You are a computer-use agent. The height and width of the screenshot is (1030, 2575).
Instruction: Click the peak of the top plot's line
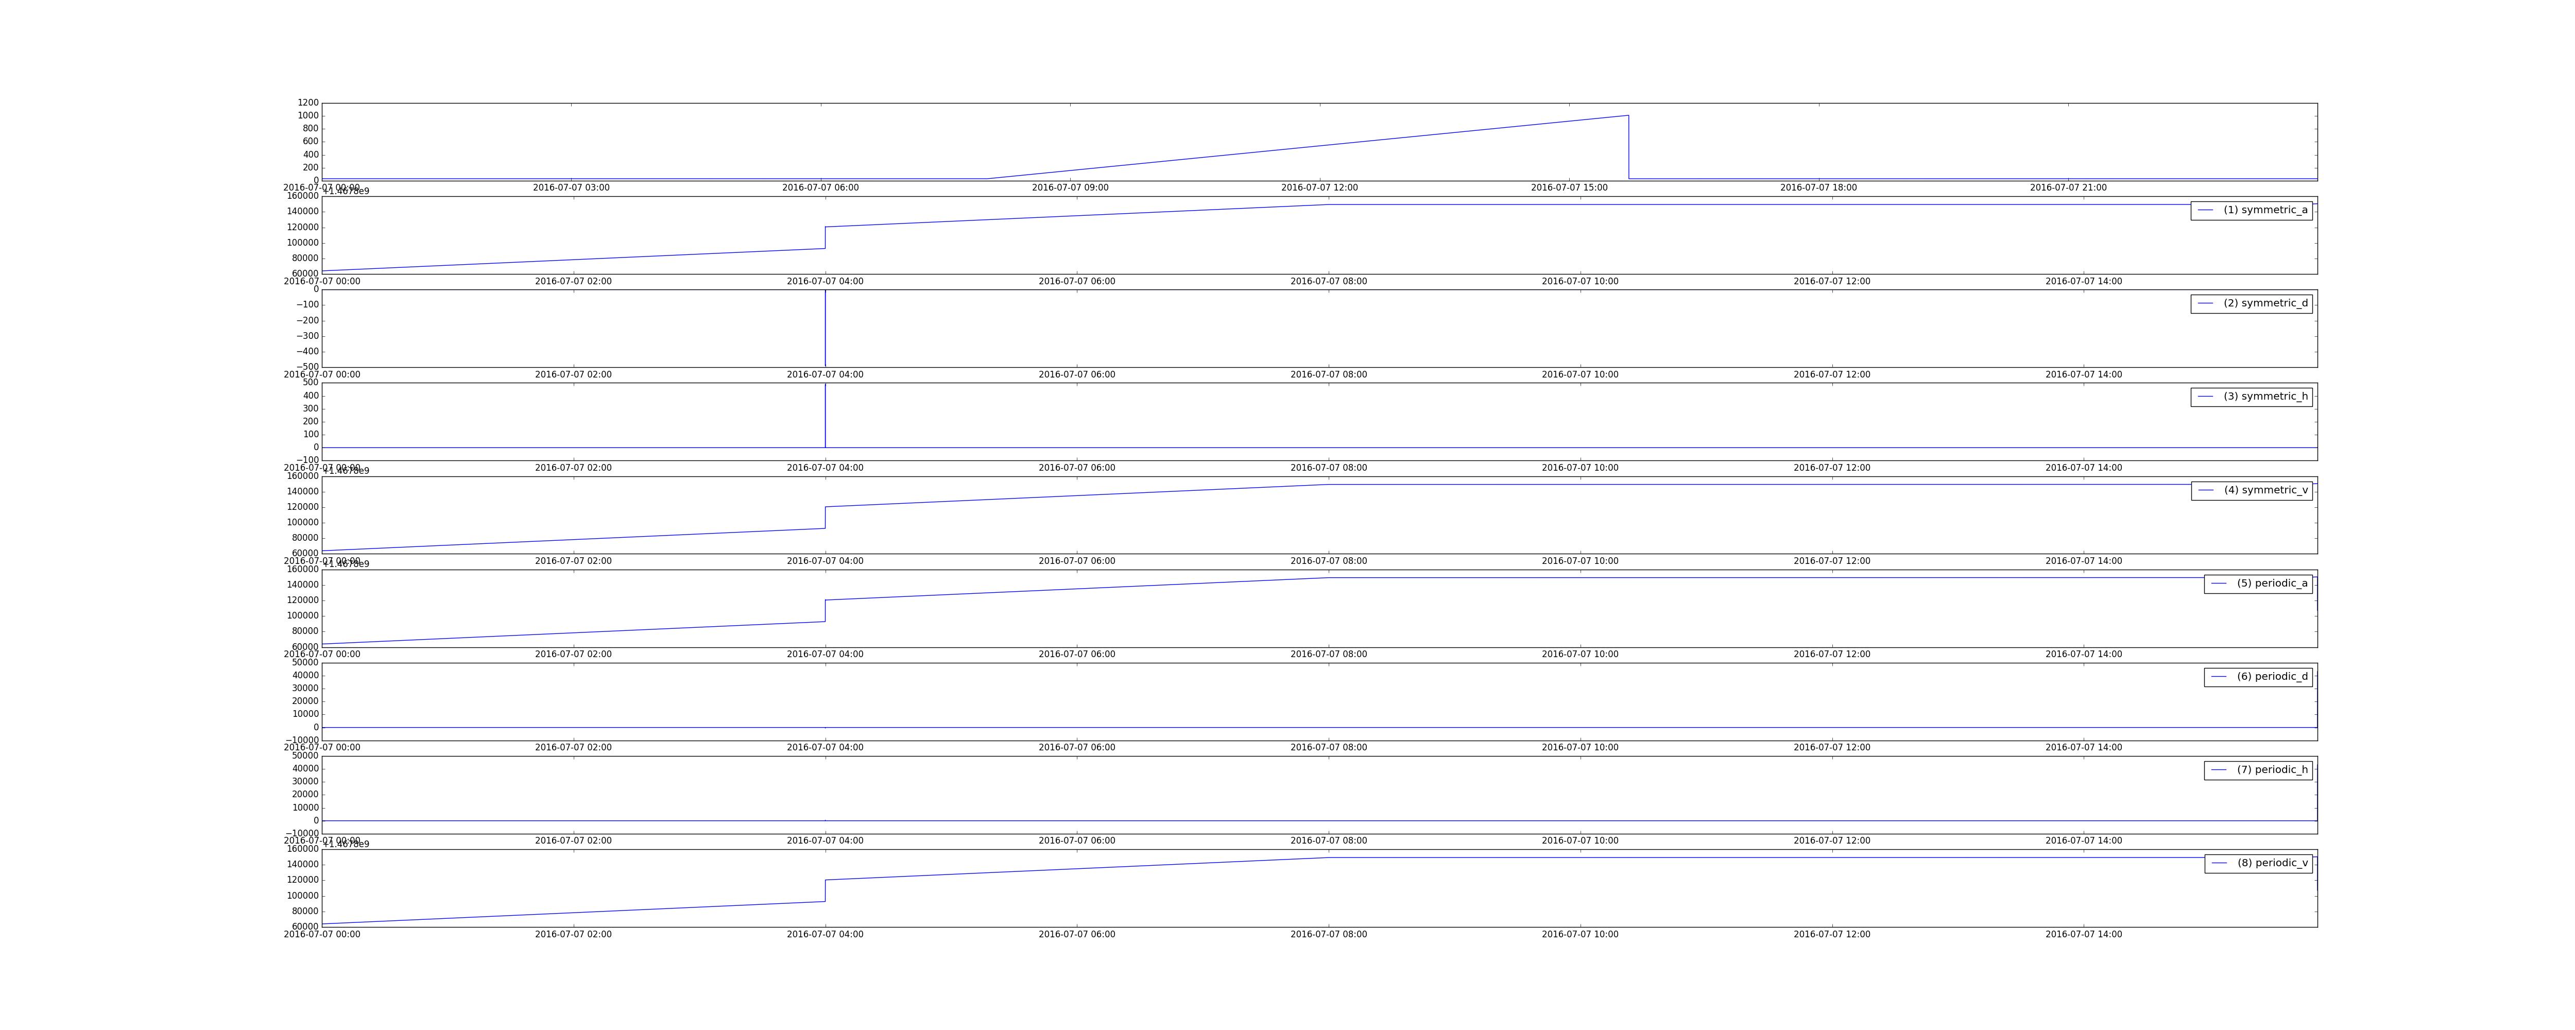tap(1627, 116)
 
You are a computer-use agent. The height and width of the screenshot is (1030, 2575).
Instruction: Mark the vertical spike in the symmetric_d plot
tap(826, 330)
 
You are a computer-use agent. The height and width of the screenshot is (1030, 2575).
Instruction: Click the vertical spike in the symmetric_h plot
tap(826, 415)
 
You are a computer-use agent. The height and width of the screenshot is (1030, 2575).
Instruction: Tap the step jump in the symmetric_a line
tap(826, 237)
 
